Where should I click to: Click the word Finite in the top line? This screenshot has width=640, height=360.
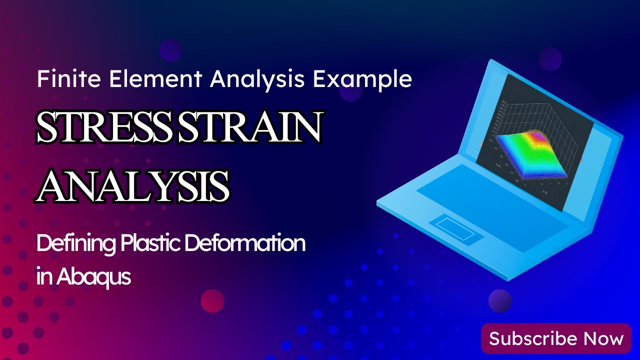coord(60,80)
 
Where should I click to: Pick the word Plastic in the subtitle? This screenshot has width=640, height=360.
coord(150,244)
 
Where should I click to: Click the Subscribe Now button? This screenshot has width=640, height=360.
coord(556,338)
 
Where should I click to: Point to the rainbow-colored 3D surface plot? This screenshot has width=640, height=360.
coord(530,152)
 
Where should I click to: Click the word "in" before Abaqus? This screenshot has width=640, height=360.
coord(43,276)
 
